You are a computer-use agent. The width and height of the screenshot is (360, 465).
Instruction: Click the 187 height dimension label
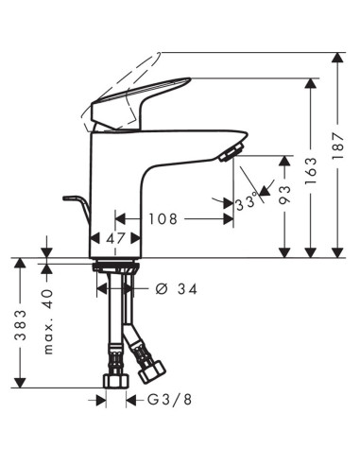pyautogui.click(x=337, y=146)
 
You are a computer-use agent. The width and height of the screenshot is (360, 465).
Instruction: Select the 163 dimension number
pyautogui.click(x=311, y=171)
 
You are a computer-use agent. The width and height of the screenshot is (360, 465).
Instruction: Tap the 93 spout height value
pyautogui.click(x=284, y=195)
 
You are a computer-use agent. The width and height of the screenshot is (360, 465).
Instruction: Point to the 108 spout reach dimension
pyautogui.click(x=163, y=219)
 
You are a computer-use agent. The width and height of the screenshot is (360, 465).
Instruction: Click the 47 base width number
pyautogui.click(x=115, y=238)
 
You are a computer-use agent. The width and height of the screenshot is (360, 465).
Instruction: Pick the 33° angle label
pyautogui.click(x=246, y=202)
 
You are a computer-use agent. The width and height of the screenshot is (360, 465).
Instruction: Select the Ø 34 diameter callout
pyautogui.click(x=177, y=288)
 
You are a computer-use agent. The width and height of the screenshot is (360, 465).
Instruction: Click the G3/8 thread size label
pyautogui.click(x=169, y=400)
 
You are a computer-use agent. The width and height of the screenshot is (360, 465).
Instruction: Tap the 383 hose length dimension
pyautogui.click(x=21, y=325)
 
